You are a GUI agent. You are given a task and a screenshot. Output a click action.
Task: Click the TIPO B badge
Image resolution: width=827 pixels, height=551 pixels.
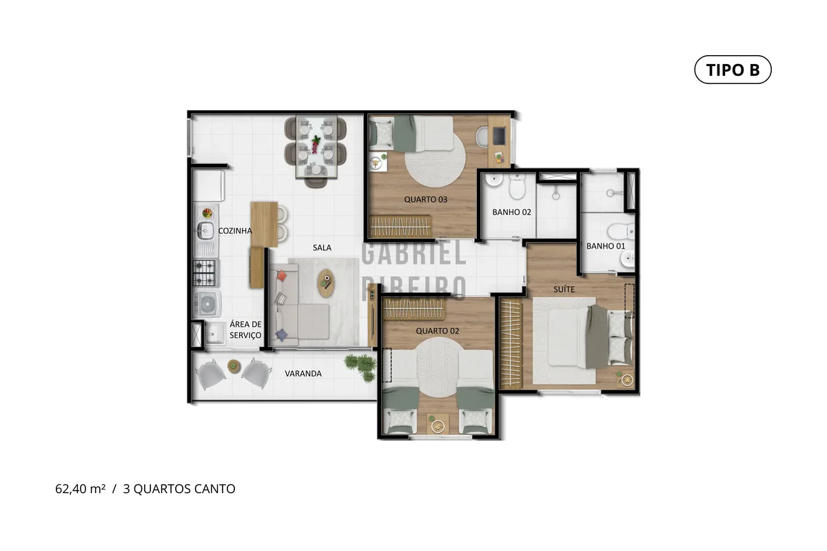tap(733, 70)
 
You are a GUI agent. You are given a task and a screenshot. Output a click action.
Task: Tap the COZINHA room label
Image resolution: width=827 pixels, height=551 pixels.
tap(235, 231)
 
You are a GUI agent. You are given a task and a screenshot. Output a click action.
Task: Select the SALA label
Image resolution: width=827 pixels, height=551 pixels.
tap(322, 248)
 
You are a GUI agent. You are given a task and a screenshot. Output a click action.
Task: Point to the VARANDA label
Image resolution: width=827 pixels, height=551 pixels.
tap(303, 373)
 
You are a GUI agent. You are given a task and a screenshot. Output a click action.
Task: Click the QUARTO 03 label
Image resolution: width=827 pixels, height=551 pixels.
tap(425, 199)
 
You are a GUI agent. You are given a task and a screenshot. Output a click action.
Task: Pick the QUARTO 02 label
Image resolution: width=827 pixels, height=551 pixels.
tap(437, 331)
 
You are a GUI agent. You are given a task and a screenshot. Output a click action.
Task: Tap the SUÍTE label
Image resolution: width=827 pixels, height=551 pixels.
tap(564, 289)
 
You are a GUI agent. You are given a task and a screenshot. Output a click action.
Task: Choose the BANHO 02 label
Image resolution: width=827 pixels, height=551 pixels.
tap(511, 212)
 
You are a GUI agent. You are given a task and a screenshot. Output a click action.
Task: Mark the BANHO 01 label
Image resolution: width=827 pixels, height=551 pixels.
tap(606, 246)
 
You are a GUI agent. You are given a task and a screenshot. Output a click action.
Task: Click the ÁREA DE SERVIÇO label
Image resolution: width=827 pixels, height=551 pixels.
tap(245, 329)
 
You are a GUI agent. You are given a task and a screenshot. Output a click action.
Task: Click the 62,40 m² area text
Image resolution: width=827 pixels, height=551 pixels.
tap(80, 488)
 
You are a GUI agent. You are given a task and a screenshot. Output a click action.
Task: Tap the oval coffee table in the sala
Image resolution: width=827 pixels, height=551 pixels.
tap(327, 283)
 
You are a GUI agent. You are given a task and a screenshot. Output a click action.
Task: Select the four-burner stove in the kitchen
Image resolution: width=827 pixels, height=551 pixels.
tap(205, 273)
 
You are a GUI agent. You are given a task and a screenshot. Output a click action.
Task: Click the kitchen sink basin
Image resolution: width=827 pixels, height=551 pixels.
tap(205, 231)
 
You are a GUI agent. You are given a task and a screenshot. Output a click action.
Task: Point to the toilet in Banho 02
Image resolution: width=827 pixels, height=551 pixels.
tap(517, 187)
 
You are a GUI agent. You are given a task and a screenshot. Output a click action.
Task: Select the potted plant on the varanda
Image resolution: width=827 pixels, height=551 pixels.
tap(360, 367)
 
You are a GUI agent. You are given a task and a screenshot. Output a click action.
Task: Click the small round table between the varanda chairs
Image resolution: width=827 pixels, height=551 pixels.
tap(234, 366)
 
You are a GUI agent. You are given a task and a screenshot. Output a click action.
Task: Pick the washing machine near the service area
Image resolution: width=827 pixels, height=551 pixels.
tap(207, 303)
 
